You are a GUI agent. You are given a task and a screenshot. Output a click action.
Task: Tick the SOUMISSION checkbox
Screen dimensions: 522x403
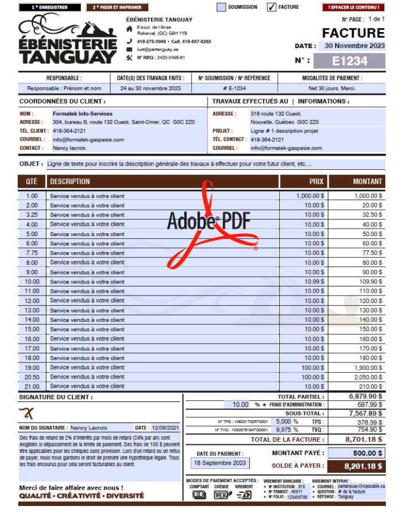pyautogui.click(x=221, y=7)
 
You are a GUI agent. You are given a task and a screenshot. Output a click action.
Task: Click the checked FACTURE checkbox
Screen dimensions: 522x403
pyautogui.click(x=272, y=7)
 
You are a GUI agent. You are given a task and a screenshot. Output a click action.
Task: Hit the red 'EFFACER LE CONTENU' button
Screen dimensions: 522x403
pyautogui.click(x=353, y=7)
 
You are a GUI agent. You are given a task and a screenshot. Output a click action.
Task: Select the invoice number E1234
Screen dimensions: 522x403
pyautogui.click(x=349, y=61)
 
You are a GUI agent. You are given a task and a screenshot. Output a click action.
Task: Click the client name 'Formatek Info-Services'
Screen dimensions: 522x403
pyautogui.click(x=82, y=114)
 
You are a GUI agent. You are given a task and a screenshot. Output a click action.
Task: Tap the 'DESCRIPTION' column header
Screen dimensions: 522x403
pyautogui.click(x=70, y=182)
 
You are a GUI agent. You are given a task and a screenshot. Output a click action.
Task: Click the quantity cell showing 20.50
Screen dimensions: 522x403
pyautogui.click(x=32, y=377)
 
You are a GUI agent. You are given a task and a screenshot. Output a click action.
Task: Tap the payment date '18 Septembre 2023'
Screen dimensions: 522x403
pyautogui.click(x=220, y=463)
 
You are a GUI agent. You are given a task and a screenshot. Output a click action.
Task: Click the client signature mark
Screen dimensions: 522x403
pyautogui.click(x=26, y=413)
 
